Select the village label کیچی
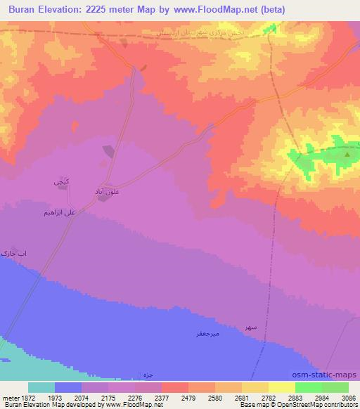61,182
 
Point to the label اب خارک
14,252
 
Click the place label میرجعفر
208,333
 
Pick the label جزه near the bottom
147,372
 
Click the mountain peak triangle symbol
347,154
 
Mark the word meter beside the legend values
9,398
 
